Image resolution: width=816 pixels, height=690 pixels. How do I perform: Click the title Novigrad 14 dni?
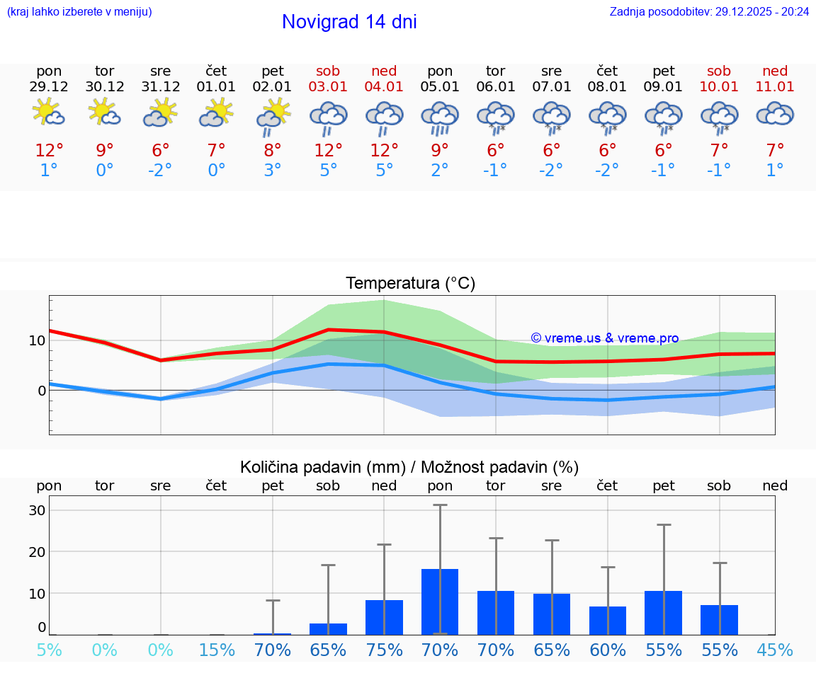point(349,22)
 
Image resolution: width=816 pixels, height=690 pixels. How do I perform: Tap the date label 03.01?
point(328,86)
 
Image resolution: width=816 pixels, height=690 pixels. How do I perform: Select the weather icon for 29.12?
point(49,113)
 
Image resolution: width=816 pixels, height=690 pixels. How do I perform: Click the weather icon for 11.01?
point(775,113)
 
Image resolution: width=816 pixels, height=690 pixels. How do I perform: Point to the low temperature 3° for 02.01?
point(273,171)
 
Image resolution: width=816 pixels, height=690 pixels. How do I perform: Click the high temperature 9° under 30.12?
point(105,150)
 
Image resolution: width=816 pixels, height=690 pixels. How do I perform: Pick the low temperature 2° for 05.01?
point(440,171)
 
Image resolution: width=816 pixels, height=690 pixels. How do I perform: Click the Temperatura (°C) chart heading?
point(410,284)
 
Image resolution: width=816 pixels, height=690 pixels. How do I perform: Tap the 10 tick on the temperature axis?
point(37,340)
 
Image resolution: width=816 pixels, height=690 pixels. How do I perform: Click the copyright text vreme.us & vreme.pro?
point(605,338)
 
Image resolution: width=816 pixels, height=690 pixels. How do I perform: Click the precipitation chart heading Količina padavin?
point(409,467)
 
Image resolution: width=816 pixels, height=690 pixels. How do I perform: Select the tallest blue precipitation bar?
point(440,602)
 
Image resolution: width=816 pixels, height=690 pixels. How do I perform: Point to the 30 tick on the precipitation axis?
point(37,510)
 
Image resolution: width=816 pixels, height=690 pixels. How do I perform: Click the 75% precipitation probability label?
point(384,650)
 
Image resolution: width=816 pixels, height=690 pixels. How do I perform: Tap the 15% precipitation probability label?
point(217,650)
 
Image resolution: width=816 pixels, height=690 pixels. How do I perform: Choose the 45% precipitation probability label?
point(775,650)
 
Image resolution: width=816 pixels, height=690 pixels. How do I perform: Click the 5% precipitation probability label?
point(49,650)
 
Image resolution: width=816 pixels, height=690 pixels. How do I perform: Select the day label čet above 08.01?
point(607,71)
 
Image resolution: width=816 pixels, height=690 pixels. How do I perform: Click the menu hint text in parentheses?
point(79,11)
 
